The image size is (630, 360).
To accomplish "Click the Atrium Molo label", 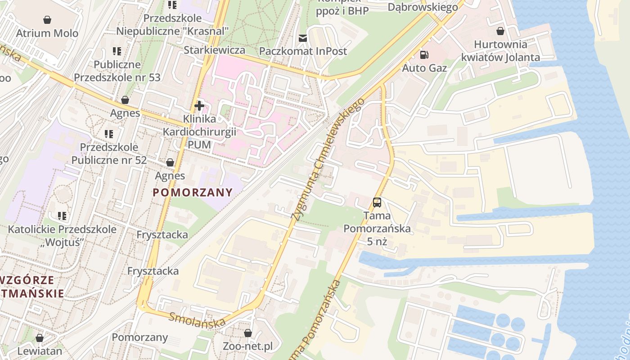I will (47, 33).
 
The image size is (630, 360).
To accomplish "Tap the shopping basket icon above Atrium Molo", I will (47, 20).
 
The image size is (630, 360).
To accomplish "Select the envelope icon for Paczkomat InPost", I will (303, 38).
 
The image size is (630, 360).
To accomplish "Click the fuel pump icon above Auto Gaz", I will (424, 55).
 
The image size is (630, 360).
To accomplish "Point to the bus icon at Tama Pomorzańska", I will (377, 202).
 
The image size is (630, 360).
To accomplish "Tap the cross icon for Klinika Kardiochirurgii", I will (199, 106).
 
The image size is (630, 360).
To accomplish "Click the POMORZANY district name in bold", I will (193, 193).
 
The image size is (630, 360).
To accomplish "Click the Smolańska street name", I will (197, 320).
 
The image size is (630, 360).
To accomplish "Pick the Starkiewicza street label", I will (214, 50).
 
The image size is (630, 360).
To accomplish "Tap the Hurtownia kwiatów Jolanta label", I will (500, 51).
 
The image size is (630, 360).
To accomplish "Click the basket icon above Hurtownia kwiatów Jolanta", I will (500, 31).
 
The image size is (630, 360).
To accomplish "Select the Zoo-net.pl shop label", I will (247, 346).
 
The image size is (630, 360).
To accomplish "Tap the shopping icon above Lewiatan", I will (40, 337).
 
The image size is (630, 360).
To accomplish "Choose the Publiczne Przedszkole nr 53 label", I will (117, 71).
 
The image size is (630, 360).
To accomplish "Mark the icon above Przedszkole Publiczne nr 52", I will (108, 134).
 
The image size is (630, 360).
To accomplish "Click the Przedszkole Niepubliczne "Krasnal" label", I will (173, 25).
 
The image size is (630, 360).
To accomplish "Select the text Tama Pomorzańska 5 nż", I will (377, 228).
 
